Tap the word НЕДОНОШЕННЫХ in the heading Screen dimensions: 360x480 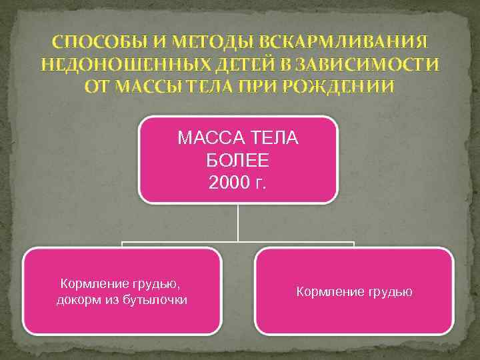point(117,65)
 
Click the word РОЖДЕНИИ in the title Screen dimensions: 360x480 point(338,87)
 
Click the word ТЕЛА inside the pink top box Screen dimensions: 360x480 point(274,140)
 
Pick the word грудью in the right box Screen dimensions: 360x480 point(391,291)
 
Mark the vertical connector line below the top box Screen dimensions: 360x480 point(238,223)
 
